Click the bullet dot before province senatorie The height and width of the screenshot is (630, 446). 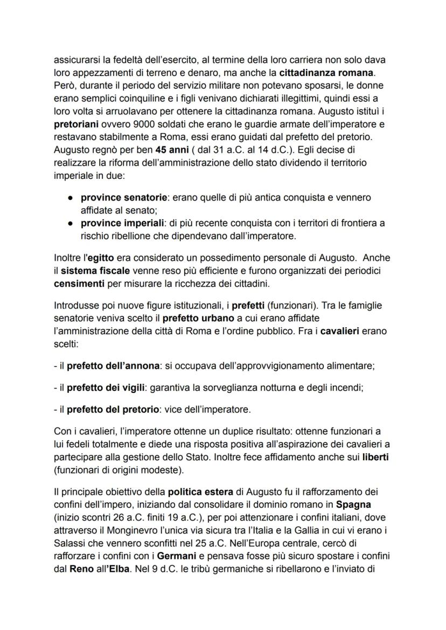coord(71,198)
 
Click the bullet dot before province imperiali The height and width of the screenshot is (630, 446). coord(71,223)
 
